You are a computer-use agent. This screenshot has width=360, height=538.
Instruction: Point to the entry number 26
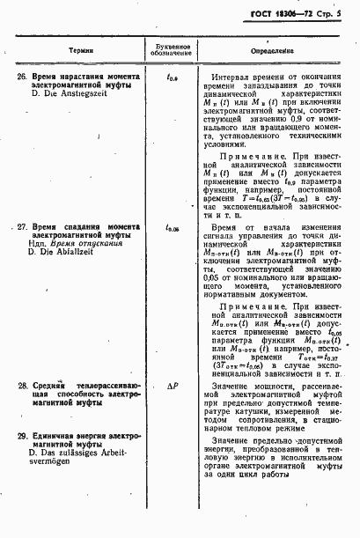24,77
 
